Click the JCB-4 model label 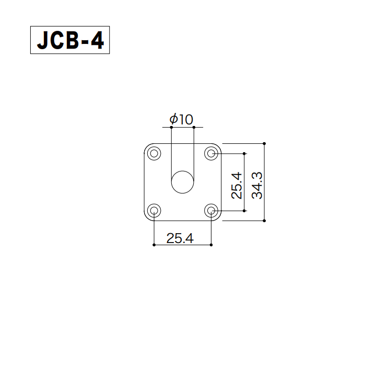click(70, 40)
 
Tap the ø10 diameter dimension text click(181, 119)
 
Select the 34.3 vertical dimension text click(257, 186)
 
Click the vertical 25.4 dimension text click(237, 186)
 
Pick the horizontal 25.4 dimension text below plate click(180, 238)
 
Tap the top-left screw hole click(154, 154)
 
